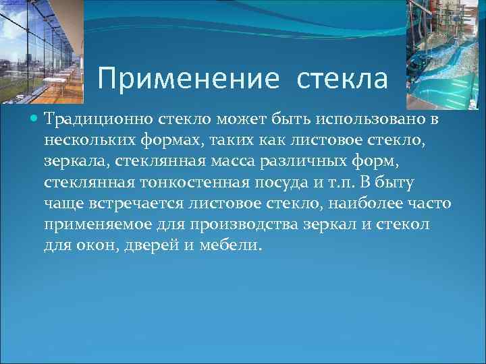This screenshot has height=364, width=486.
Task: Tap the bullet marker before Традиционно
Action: click(x=35, y=120)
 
